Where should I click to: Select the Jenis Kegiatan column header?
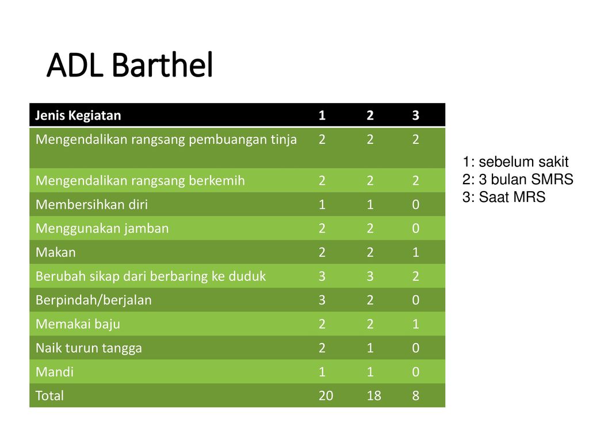[x=78, y=115]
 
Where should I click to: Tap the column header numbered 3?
[x=415, y=115]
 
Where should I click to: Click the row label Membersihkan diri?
[x=91, y=204]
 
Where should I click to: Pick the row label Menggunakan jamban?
[x=102, y=228]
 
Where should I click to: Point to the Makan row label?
[x=56, y=252]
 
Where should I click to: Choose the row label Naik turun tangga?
[x=89, y=348]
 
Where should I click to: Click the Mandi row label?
[x=55, y=372]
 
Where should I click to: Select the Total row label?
[x=49, y=395]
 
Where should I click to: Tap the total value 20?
[x=326, y=395]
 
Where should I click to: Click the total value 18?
[x=374, y=395]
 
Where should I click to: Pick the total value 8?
[x=415, y=395]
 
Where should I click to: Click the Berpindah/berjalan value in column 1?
[x=322, y=300]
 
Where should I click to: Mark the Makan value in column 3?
[x=415, y=252]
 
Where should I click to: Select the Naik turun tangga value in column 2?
[x=370, y=348]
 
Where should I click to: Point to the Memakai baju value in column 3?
[x=415, y=324]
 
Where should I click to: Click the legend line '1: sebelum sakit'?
[x=515, y=162]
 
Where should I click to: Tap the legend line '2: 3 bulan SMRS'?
[x=518, y=180]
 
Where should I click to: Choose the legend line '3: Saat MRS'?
[x=504, y=197]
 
